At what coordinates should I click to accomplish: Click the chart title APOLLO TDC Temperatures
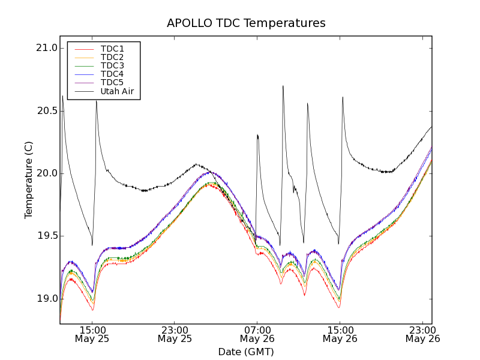pyautogui.click(x=246, y=23)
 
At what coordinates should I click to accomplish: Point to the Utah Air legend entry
pyautogui.click(x=117, y=91)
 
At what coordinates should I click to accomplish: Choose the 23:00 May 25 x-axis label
pyautogui.click(x=175, y=334)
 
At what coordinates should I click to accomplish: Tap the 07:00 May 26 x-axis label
pyautogui.click(x=257, y=334)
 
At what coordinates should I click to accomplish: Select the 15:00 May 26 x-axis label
pyautogui.click(x=340, y=334)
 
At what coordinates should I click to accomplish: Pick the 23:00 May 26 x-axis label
pyautogui.click(x=422, y=334)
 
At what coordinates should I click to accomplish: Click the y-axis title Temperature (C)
pyautogui.click(x=29, y=180)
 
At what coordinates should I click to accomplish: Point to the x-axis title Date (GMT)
pyautogui.click(x=246, y=352)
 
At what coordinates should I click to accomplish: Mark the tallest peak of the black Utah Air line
pyautogui.click(x=283, y=86)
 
